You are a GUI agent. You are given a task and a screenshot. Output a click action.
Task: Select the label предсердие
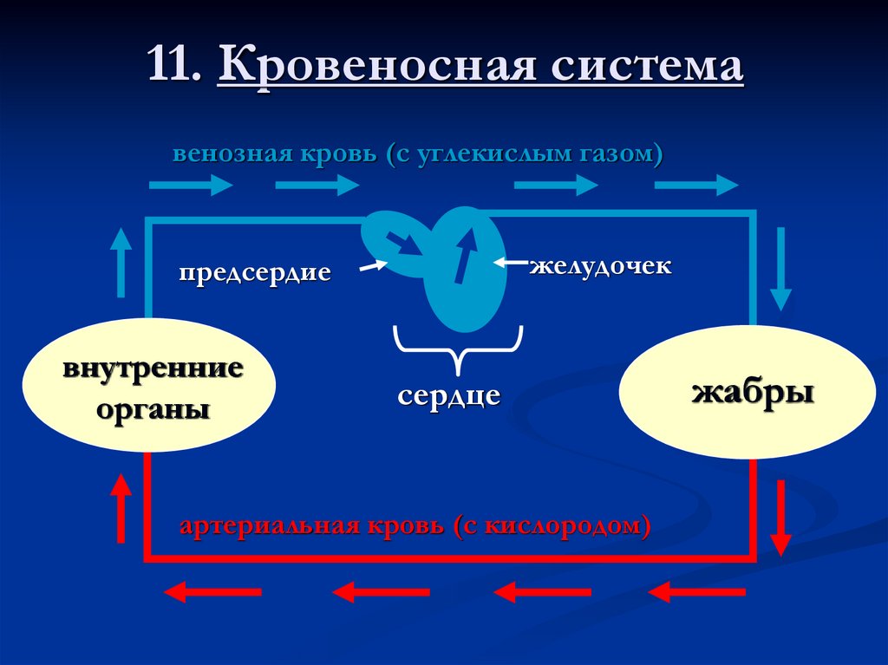click(255, 272)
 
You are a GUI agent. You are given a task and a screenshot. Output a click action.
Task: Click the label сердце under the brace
click(449, 395)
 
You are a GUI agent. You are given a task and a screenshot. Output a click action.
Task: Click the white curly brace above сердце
click(459, 345)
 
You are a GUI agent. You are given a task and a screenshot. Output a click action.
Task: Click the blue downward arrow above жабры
click(780, 269)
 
